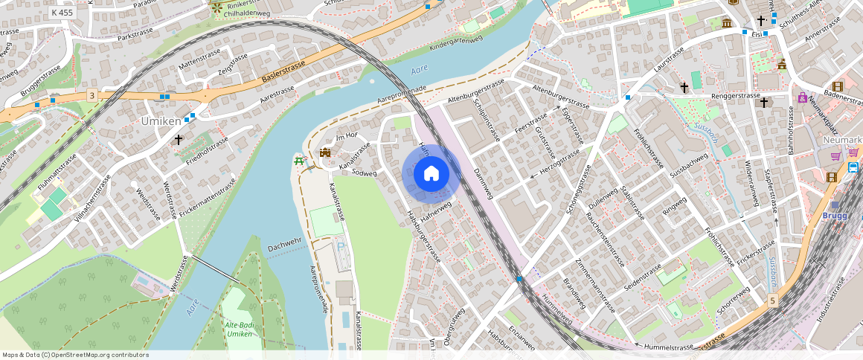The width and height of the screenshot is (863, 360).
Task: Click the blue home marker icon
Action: pos(431,174)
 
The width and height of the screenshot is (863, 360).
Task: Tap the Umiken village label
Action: pos(161,120)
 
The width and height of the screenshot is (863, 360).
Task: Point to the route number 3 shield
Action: pos(91,94)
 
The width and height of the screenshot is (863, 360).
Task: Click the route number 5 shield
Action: pos(774,300)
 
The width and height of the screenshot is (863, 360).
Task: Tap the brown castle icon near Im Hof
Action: pos(325,152)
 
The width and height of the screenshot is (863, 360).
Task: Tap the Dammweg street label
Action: pos(483,181)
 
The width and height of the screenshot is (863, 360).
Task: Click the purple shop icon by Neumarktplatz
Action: pos(802,97)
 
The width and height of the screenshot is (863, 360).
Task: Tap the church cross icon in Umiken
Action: pos(178,139)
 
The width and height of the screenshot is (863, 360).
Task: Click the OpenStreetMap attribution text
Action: pos(75,355)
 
